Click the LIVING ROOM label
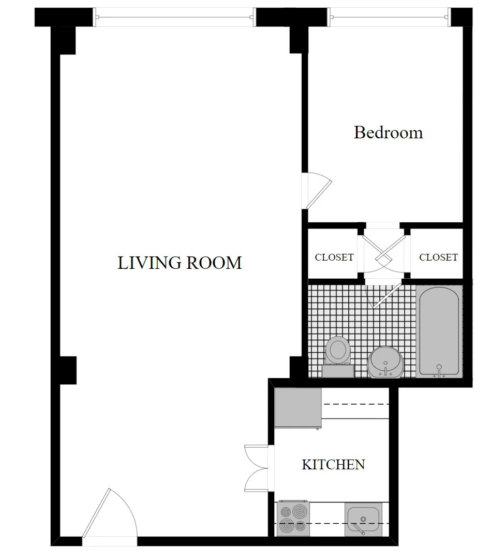click(x=180, y=263)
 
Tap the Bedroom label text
click(x=388, y=133)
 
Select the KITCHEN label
click(x=333, y=464)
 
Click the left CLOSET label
click(x=334, y=257)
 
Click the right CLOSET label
click(x=438, y=257)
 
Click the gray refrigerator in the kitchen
click(x=298, y=408)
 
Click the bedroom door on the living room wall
click(x=317, y=190)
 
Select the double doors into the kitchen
click(x=257, y=468)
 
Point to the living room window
click(x=175, y=17)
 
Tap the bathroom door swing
click(x=383, y=295)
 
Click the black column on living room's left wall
click(x=68, y=370)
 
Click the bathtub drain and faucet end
click(x=439, y=369)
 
